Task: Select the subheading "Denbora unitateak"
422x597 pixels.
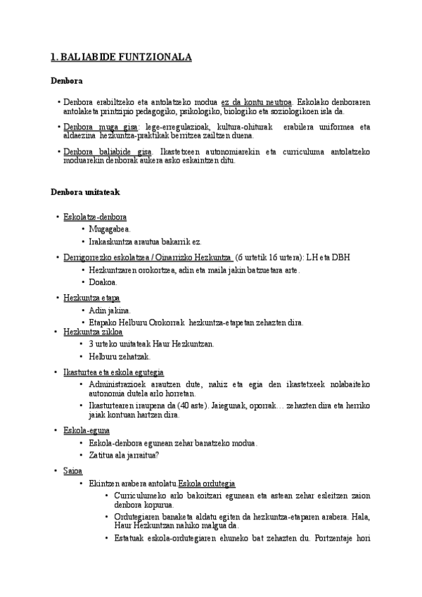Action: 85,191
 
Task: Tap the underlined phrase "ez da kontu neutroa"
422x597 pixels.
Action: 256,102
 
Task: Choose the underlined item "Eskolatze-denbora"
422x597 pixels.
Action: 95,217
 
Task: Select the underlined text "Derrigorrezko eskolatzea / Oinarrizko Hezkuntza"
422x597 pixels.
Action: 148,258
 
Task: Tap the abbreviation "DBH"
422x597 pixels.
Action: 340,258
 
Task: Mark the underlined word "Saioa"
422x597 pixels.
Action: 72,471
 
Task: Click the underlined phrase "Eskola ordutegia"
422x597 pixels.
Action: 207,484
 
